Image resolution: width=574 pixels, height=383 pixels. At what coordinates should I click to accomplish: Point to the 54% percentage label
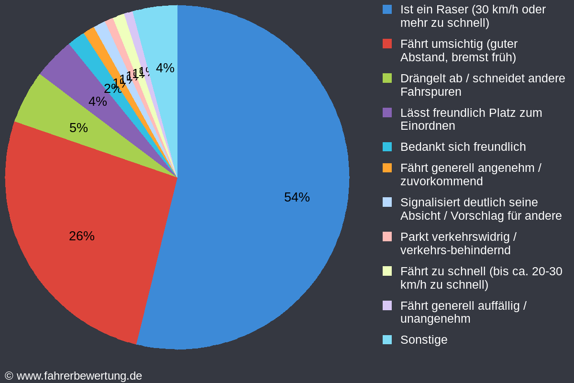297,197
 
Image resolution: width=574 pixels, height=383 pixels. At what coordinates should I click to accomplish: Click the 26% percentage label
82,236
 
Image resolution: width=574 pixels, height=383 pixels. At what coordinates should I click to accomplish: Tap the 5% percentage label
78,128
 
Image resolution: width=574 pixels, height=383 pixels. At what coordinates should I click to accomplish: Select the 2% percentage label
111,89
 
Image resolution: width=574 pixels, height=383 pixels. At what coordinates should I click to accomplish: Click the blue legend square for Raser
387,9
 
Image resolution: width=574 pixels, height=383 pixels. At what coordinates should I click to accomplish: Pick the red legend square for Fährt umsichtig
387,44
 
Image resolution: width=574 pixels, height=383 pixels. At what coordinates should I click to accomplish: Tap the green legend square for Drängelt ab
387,78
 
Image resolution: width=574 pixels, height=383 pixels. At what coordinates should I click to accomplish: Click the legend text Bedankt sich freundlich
463,147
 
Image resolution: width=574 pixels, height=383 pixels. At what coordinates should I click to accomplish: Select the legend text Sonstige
424,339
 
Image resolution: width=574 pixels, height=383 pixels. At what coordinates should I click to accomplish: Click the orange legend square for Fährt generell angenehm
387,168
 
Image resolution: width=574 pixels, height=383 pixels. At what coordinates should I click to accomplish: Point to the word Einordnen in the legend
428,126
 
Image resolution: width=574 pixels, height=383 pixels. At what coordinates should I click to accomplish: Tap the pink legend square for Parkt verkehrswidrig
387,237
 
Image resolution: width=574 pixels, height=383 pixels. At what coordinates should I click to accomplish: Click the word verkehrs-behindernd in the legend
455,250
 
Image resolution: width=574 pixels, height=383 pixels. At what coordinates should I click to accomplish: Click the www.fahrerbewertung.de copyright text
79,376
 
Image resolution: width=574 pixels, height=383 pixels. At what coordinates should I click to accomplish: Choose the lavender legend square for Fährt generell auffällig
387,305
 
